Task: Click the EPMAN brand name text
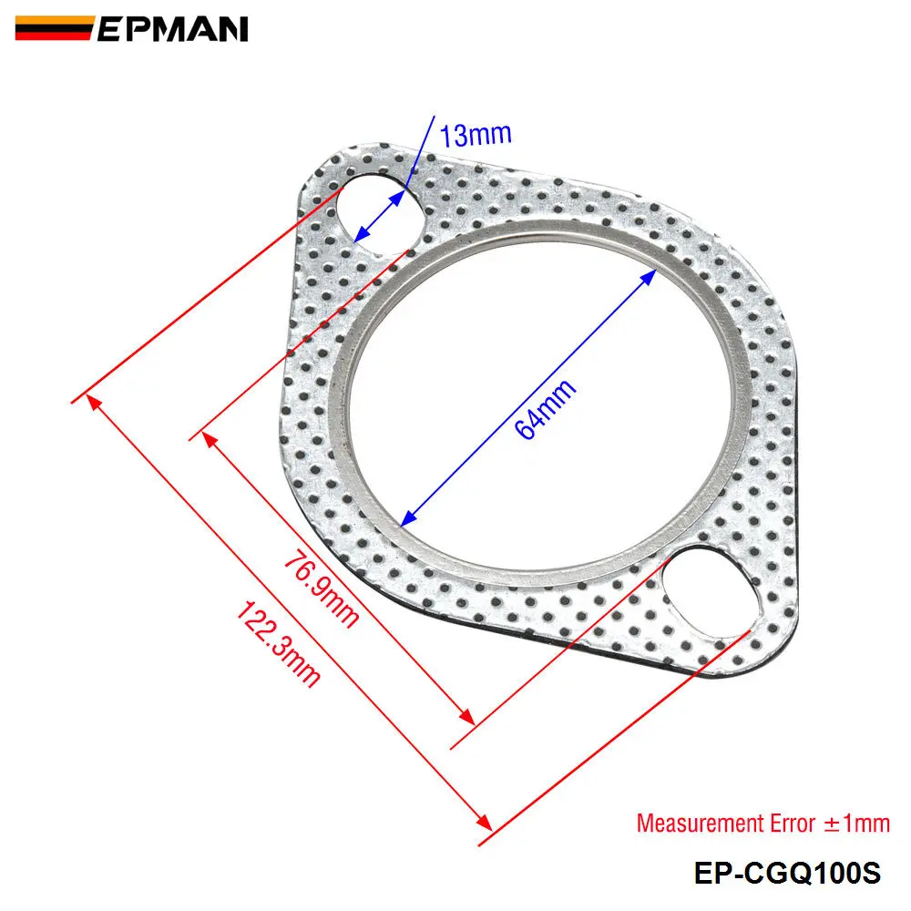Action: (170, 29)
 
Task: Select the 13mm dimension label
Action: (475, 136)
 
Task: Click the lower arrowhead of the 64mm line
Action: (408, 518)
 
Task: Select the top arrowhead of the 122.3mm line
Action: (91, 404)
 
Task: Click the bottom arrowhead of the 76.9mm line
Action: (468, 716)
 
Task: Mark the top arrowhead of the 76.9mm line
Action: (209, 439)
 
